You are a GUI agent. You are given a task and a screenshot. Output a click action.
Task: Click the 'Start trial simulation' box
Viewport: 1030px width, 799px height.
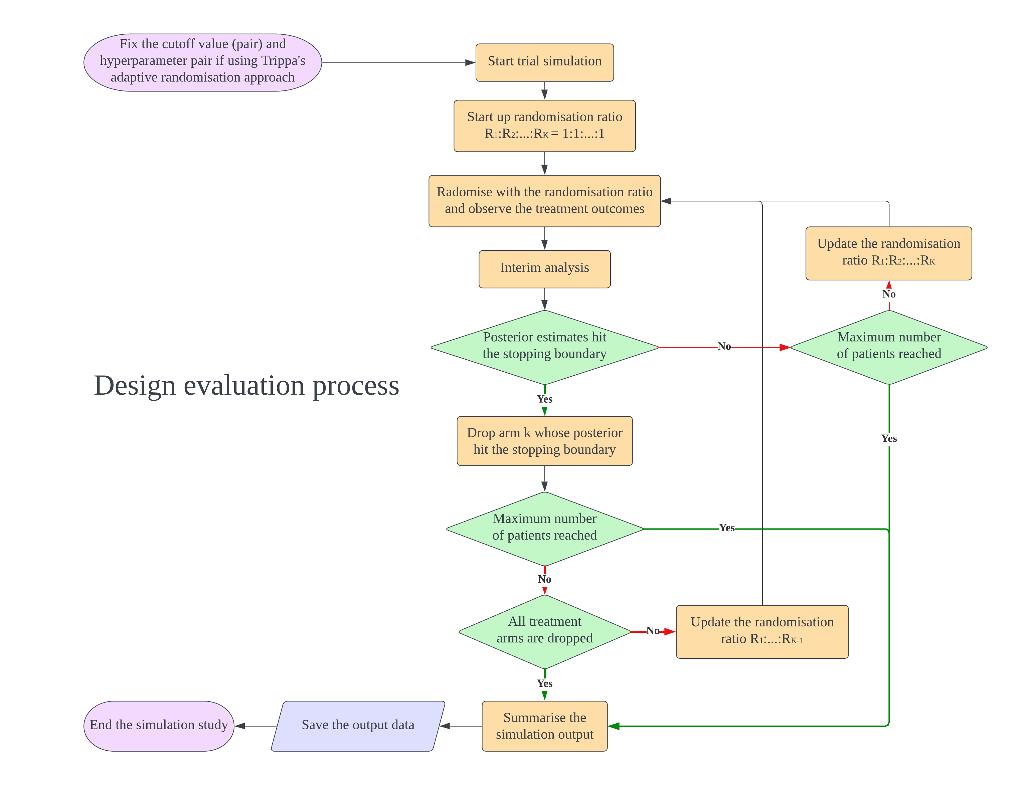(544, 62)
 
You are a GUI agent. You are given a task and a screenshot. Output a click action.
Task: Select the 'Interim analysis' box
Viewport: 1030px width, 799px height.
(544, 269)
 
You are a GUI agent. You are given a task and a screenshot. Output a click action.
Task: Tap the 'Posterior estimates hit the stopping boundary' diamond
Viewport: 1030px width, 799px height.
(544, 347)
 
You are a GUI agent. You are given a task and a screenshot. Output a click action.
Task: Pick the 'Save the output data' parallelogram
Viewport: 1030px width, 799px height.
(358, 726)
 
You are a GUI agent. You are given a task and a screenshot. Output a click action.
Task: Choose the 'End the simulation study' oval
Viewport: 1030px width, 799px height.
(159, 726)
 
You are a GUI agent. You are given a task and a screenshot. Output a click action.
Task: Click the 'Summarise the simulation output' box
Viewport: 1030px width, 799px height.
(544, 726)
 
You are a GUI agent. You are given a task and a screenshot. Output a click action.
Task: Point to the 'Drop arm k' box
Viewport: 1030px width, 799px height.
(544, 441)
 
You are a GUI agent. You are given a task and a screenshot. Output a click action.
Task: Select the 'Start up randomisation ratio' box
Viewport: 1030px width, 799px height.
(544, 126)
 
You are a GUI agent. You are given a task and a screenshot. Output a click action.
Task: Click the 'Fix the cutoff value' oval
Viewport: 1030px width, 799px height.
(202, 62)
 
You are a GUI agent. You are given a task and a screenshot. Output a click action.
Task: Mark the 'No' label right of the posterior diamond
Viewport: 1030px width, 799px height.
(724, 347)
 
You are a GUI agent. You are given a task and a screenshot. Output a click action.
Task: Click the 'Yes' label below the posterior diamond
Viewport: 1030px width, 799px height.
(544, 399)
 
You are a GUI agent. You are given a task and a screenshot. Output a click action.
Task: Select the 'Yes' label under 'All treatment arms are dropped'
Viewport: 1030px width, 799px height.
(544, 683)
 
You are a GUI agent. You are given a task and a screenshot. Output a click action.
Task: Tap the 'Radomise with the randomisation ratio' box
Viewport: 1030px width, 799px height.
(544, 201)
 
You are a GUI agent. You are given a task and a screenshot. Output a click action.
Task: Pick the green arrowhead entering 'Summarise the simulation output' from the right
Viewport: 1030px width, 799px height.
(614, 726)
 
